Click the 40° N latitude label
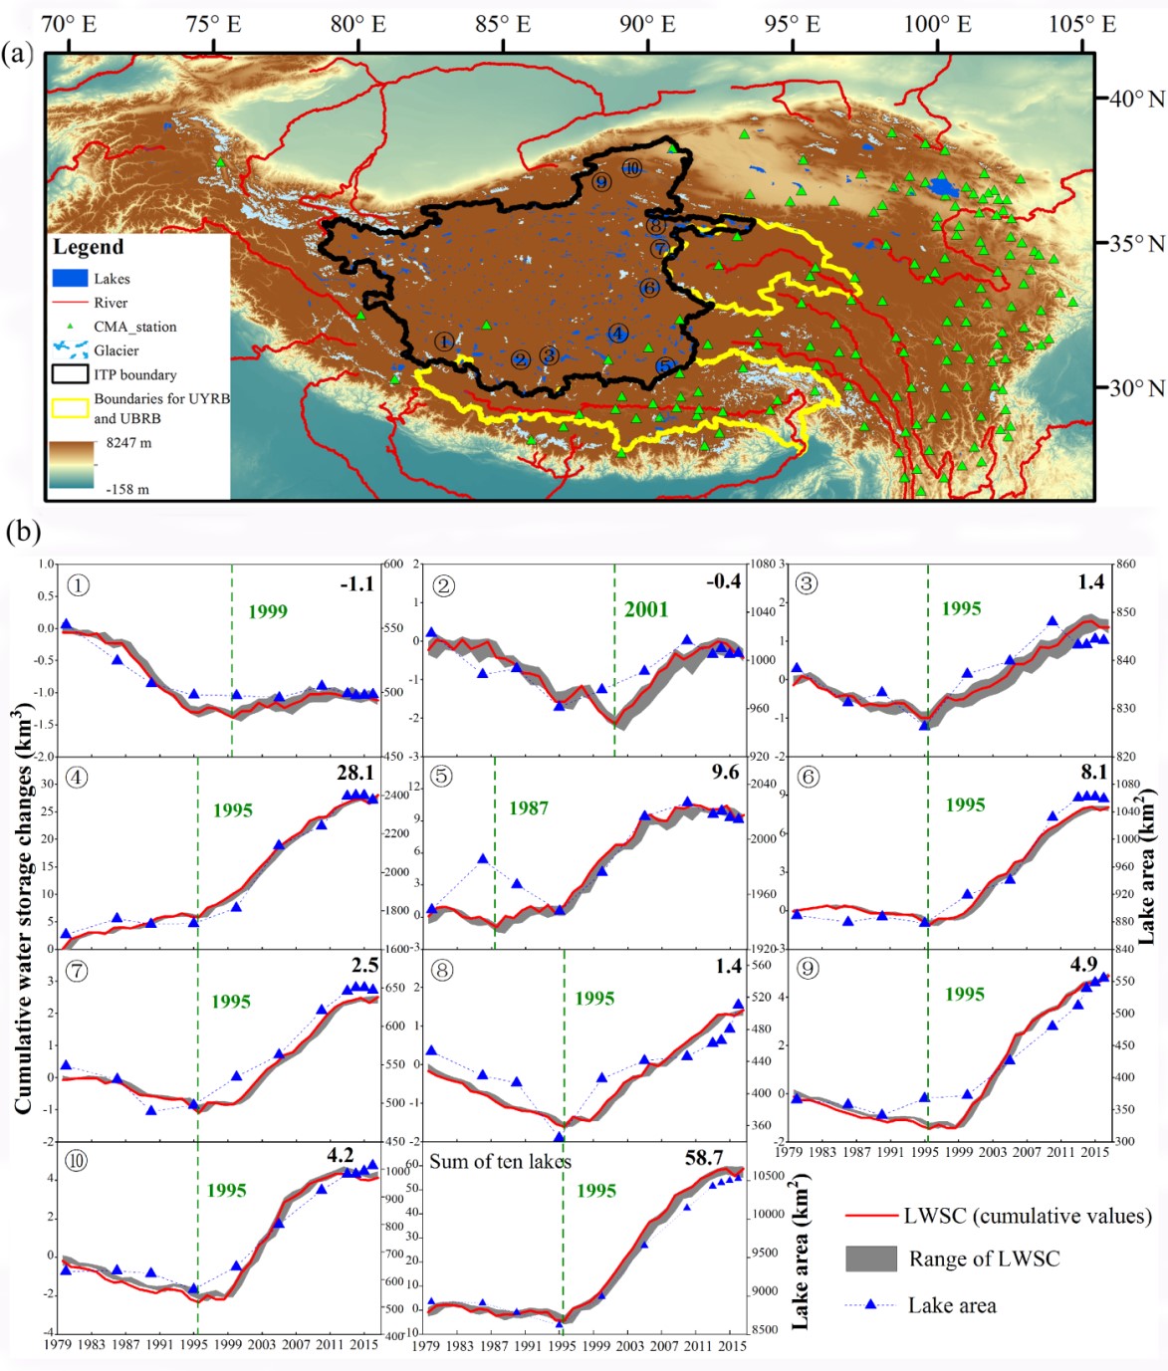pyautogui.click(x=1136, y=99)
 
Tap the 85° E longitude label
pyautogui.click(x=503, y=24)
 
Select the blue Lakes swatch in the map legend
pyautogui.click(x=70, y=279)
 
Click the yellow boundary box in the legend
pyautogui.click(x=70, y=407)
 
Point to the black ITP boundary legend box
pyautogui.click(x=70, y=374)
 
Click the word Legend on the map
pyautogui.click(x=88, y=247)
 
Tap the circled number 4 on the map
pyautogui.click(x=618, y=334)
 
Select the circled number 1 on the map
pyautogui.click(x=444, y=342)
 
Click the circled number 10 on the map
pyautogui.click(x=631, y=168)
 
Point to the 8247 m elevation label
pyautogui.click(x=129, y=443)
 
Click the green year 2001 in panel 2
pyautogui.click(x=646, y=609)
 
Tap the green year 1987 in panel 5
pyautogui.click(x=529, y=807)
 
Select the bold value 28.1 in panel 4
pyautogui.click(x=355, y=773)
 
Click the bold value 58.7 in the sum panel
pyautogui.click(x=704, y=1158)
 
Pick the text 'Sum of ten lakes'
pyautogui.click(x=500, y=1161)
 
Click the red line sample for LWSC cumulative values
pyautogui.click(x=870, y=1216)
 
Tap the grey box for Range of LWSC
pyautogui.click(x=871, y=1258)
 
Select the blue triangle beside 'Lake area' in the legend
pyautogui.click(x=871, y=1304)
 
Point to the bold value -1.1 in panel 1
pyautogui.click(x=356, y=583)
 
